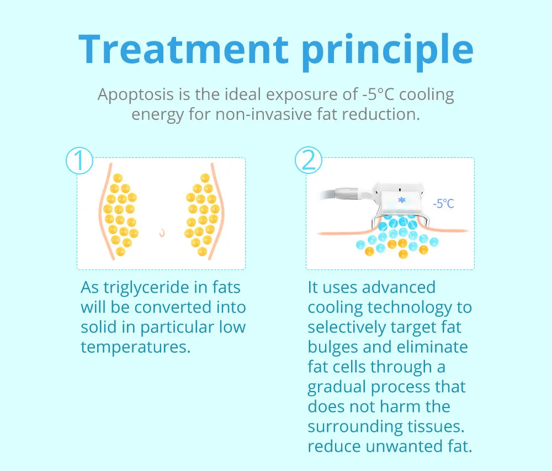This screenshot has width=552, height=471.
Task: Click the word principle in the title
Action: tap(388, 52)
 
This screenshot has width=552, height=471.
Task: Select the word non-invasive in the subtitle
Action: tap(264, 114)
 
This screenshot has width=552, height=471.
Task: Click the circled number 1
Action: tap(79, 161)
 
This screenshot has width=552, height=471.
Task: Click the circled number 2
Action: tap(309, 160)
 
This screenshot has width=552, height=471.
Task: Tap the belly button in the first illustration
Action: tap(162, 232)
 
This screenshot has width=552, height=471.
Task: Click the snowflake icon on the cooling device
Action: tap(402, 200)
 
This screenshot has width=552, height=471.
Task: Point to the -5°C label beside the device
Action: tap(444, 203)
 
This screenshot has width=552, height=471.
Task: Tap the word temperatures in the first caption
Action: tap(136, 347)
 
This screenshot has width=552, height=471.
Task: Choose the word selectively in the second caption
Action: tap(347, 328)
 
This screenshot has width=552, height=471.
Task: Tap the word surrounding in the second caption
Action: tap(355, 427)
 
